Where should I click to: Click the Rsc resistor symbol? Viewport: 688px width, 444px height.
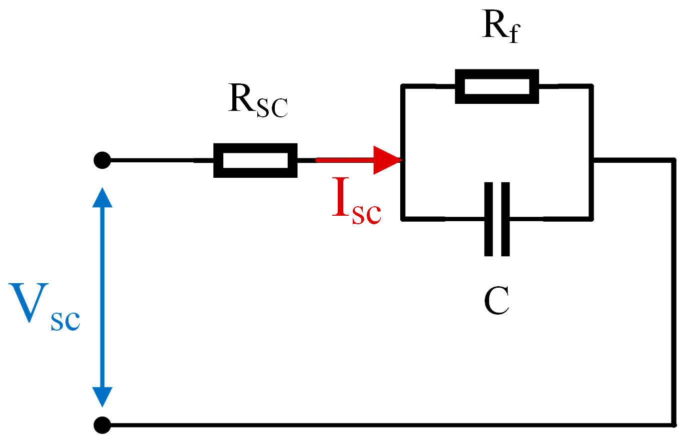point(255,160)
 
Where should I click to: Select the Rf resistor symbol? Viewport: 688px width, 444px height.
point(497,86)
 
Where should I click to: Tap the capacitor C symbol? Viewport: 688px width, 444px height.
point(497,219)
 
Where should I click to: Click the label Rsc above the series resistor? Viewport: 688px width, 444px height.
point(257,101)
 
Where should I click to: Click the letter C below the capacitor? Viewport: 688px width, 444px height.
point(496,301)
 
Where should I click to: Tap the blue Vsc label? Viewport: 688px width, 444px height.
point(44,306)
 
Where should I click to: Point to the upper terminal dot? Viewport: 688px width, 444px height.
point(102,160)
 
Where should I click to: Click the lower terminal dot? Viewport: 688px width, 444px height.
point(102,425)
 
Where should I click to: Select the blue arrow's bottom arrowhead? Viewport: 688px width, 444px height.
point(102,397)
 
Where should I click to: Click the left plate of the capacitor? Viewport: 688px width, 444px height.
point(488,219)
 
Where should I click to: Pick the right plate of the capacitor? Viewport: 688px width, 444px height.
point(505,219)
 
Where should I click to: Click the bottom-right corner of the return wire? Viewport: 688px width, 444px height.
point(673,425)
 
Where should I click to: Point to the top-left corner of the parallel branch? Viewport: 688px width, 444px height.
point(403,87)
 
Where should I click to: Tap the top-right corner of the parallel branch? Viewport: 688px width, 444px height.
point(591,87)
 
